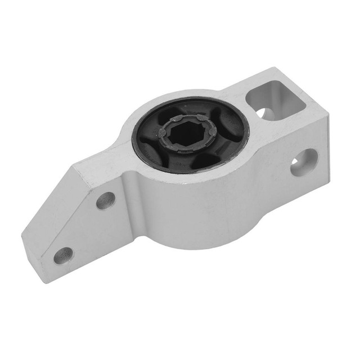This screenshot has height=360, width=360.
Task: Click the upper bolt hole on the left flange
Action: (x=105, y=200)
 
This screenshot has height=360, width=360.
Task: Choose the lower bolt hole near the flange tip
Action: (x=64, y=255)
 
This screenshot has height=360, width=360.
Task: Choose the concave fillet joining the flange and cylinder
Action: (x=132, y=186)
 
